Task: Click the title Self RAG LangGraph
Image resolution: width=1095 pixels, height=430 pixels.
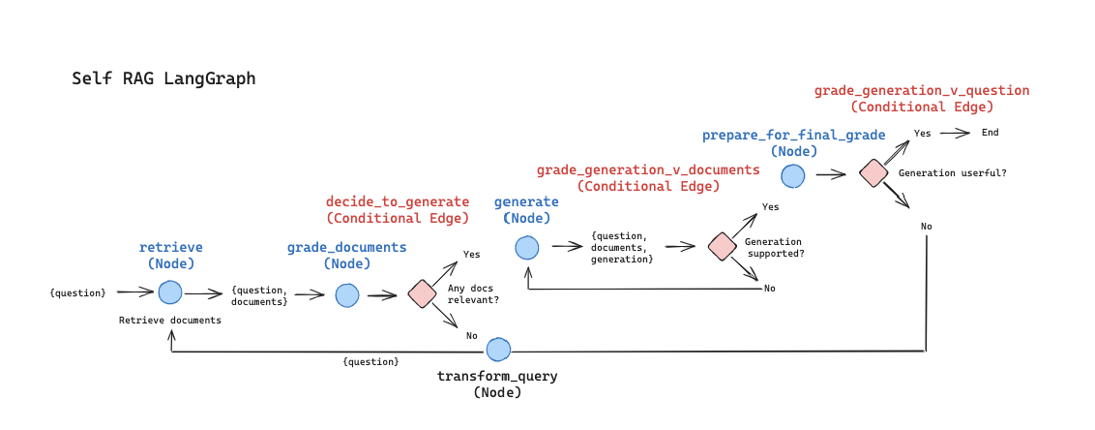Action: [x=163, y=78]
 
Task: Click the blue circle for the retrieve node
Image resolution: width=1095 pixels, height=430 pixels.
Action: [x=170, y=292]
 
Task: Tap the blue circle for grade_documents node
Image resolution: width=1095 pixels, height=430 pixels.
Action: [x=347, y=295]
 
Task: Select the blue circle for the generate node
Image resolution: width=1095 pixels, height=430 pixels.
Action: [x=526, y=247]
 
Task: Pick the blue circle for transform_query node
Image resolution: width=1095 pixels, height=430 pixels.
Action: [x=498, y=350]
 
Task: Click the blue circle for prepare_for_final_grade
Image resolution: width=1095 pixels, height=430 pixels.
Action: [x=792, y=175]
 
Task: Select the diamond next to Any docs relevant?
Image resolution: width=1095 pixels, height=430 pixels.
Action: [x=422, y=293]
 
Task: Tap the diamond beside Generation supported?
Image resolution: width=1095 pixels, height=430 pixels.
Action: [x=722, y=246]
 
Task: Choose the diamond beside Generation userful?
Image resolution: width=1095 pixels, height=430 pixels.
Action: [x=873, y=173]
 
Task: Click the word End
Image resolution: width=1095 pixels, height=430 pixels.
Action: [x=990, y=133]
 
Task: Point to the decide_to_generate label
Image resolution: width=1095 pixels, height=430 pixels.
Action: [x=397, y=201]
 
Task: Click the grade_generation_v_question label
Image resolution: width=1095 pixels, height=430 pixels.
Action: [x=922, y=90]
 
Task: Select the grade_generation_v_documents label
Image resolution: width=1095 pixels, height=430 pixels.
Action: [x=648, y=170]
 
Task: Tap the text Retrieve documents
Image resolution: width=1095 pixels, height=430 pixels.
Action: [x=170, y=320]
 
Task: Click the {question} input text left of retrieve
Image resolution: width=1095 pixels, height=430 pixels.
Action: [x=78, y=292]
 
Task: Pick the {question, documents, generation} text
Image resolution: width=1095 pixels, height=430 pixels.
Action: [x=622, y=247]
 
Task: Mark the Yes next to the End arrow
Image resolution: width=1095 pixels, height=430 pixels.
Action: [x=923, y=133]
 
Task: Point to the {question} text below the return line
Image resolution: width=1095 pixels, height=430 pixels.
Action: [x=370, y=361]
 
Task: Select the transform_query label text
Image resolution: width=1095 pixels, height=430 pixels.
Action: [x=497, y=376]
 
